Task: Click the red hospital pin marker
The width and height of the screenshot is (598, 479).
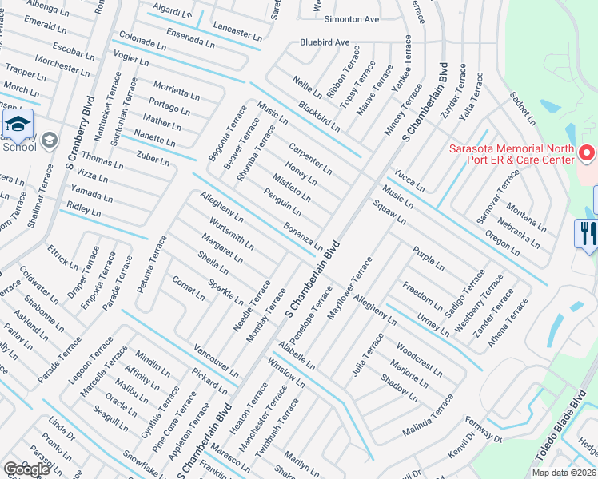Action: (588, 152)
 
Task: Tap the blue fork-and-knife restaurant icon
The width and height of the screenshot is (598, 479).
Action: (587, 234)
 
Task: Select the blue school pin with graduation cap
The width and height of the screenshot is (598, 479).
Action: (17, 125)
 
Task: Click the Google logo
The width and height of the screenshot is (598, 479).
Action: (26, 469)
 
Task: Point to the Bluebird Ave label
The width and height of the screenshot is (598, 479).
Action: (325, 42)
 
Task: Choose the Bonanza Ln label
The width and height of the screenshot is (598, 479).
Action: (303, 236)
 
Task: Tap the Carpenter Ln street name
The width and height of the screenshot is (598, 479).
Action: (310, 158)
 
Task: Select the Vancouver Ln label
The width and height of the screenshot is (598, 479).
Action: (216, 361)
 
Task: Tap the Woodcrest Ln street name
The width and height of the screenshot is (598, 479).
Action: (419, 359)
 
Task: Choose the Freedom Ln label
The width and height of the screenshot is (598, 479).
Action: (422, 296)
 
